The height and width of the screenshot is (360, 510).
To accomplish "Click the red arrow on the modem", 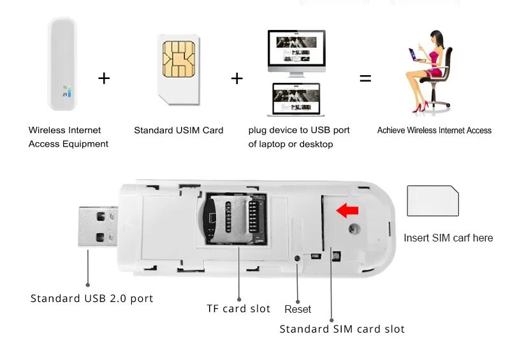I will pyautogui.click(x=347, y=210).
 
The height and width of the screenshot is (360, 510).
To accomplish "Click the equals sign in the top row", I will pyautogui.click(x=365, y=79).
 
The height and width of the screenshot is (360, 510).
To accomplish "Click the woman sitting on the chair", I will pyautogui.click(x=428, y=70).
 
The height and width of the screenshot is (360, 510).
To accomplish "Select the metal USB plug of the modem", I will pyautogui.click(x=99, y=226).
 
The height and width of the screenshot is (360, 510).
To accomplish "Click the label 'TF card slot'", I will pyautogui.click(x=238, y=308).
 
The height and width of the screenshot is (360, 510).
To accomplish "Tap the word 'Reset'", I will pyautogui.click(x=298, y=309).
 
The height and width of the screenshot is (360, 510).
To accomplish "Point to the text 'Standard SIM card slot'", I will pyautogui.click(x=342, y=329).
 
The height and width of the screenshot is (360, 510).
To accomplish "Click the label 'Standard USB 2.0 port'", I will pyautogui.click(x=92, y=298).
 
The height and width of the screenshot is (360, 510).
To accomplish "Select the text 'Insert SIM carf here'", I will pyautogui.click(x=448, y=238).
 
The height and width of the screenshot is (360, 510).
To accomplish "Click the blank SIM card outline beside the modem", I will pyautogui.click(x=433, y=201).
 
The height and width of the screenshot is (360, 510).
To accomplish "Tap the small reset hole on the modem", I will pyautogui.click(x=298, y=259).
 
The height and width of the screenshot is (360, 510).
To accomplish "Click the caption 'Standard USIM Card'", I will pyautogui.click(x=178, y=130).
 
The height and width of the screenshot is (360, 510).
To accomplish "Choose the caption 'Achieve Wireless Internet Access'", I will pyautogui.click(x=434, y=130).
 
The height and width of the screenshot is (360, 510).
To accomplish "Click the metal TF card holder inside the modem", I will pyautogui.click(x=235, y=219).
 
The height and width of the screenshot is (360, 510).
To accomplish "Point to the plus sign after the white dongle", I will pyautogui.click(x=104, y=78).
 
